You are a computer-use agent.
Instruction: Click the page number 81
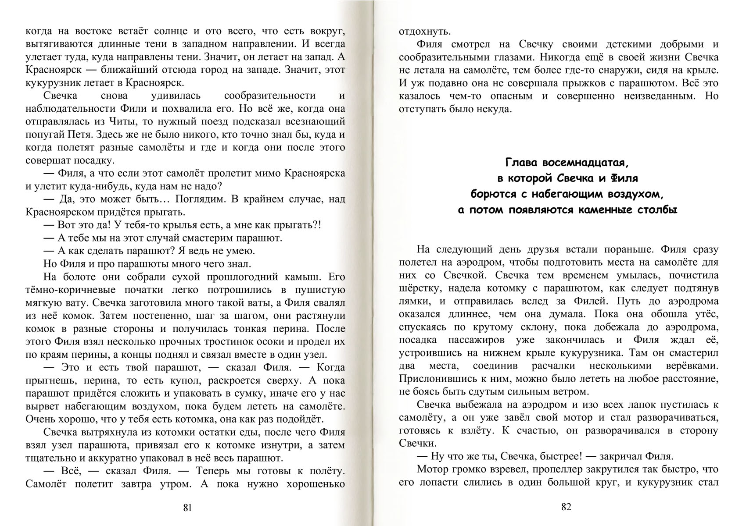click(187, 508)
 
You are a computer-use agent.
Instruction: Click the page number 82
click(566, 507)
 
